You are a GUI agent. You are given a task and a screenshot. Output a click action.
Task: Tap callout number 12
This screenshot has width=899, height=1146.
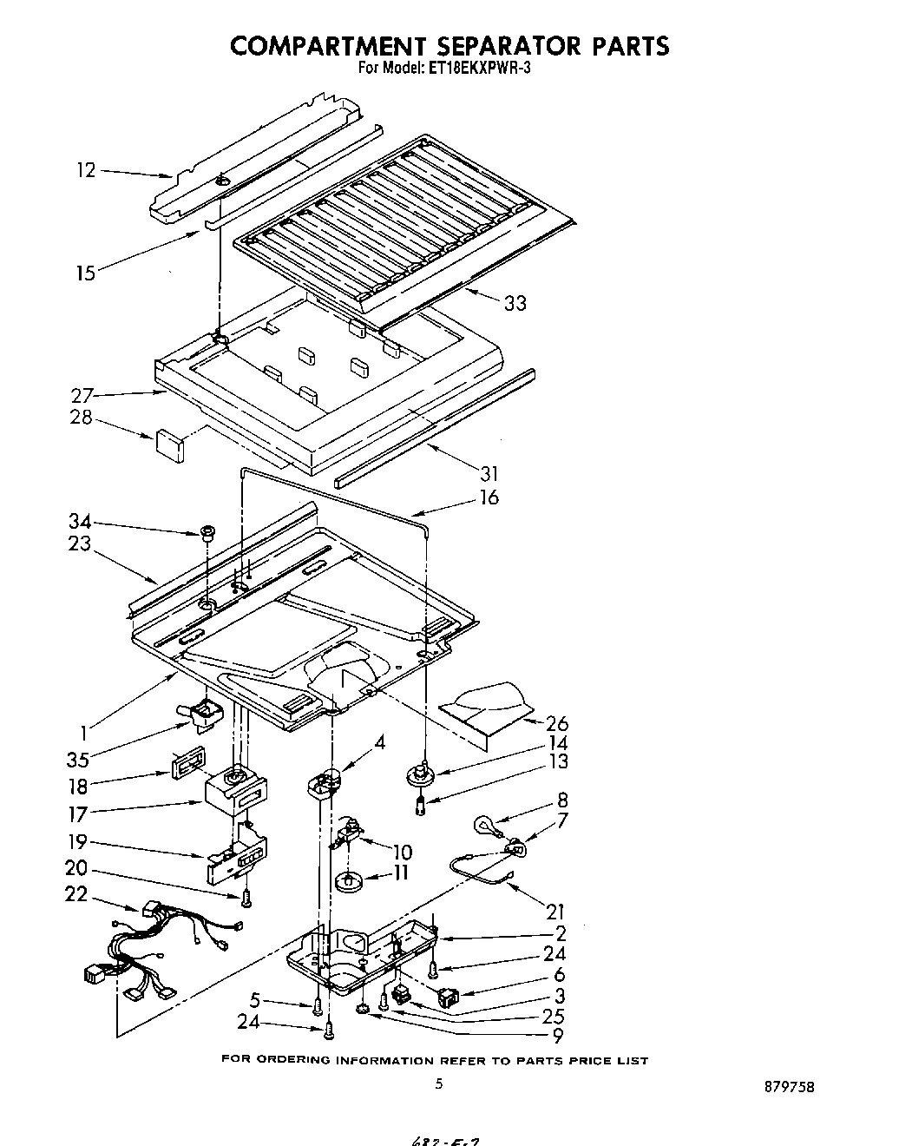click(85, 170)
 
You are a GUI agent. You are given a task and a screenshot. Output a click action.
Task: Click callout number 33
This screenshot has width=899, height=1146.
click(515, 303)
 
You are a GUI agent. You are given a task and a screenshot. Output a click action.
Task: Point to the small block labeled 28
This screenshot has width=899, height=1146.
click(170, 445)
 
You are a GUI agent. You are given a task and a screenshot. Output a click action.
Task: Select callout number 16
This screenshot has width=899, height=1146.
click(489, 497)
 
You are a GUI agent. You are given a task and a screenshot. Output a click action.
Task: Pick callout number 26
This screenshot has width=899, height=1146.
click(557, 723)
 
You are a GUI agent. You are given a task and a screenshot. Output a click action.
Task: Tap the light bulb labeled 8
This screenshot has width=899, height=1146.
click(483, 824)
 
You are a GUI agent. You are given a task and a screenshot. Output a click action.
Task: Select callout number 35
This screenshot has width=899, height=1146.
click(78, 761)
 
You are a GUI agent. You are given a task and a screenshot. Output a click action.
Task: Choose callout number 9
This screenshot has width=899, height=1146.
click(557, 1035)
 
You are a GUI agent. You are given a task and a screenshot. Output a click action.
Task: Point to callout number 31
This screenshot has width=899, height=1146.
click(489, 473)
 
